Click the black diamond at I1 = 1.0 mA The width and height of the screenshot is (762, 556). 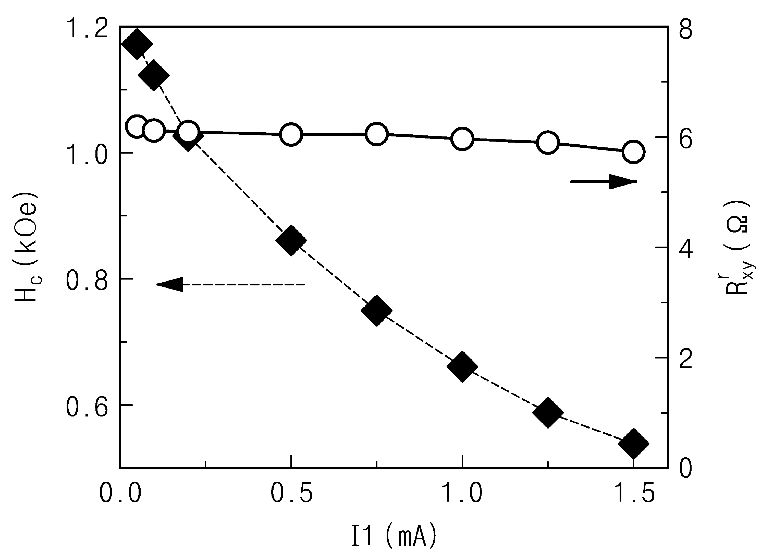coord(462,367)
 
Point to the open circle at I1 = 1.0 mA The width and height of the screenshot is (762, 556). coord(462,139)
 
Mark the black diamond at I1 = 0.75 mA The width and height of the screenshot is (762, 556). coord(376,311)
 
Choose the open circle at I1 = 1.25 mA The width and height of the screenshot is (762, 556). coord(548,142)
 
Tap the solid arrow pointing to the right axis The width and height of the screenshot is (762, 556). coord(603,182)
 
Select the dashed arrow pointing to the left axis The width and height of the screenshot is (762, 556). coord(231,284)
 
